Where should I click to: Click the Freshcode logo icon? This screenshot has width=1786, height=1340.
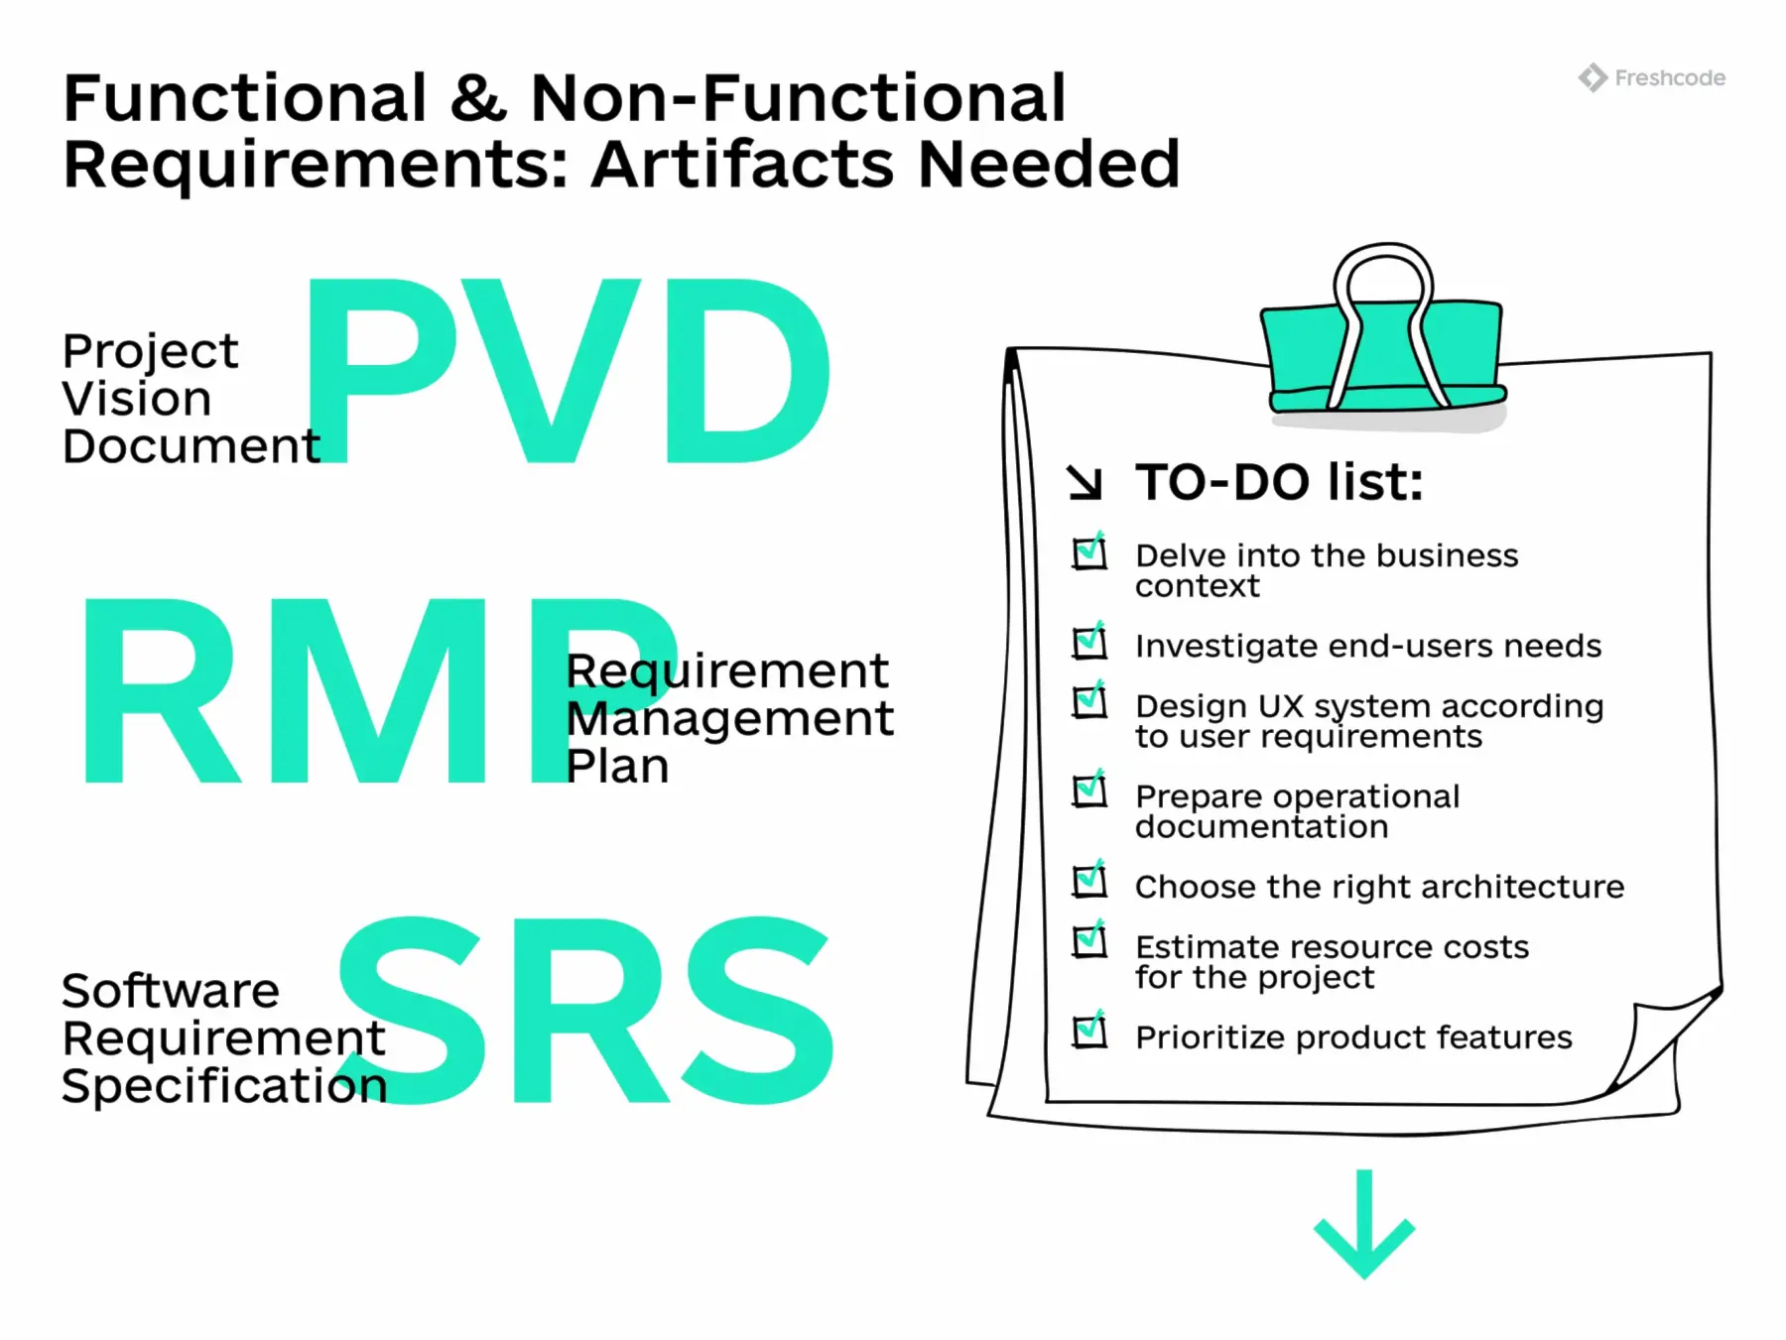coord(1593,77)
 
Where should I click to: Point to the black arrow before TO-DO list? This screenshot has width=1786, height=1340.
coord(1084,483)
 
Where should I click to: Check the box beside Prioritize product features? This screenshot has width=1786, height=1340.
coord(1089,1032)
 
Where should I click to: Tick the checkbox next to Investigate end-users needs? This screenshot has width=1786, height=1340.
coord(1089,642)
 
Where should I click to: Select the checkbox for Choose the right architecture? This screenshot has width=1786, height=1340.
coord(1089,881)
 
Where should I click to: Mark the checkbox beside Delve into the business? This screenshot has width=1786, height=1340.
coord(1089,551)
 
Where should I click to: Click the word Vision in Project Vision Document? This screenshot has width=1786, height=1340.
coord(137,399)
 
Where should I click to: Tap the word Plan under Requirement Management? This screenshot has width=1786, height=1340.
coord(617,766)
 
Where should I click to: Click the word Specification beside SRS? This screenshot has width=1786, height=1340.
coord(224,1085)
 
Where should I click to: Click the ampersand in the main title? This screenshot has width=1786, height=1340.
coord(477,98)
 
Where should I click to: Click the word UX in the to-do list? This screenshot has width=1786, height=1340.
coord(1280,706)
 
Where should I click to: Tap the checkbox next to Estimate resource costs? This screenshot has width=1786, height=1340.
coord(1089,941)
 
